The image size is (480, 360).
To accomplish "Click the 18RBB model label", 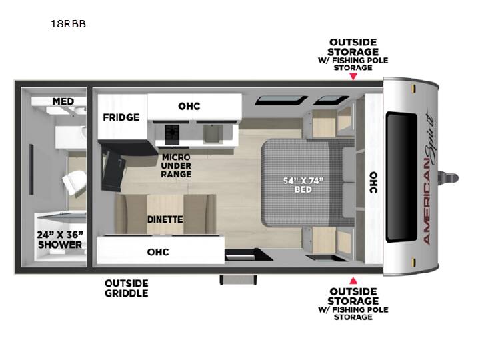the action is point(68,24).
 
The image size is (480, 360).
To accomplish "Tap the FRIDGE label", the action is point(121,117).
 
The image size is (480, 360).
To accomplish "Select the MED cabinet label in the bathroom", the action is point(63,101).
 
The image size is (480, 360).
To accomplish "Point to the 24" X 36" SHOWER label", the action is point(60,240).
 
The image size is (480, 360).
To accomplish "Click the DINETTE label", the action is point(165,219).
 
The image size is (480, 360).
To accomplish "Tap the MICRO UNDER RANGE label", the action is point(176,165).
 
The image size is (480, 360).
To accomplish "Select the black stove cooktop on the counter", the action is point(172,134).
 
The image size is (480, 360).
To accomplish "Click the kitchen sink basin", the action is point(213,133).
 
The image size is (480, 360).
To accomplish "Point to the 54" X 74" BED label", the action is point(303,185).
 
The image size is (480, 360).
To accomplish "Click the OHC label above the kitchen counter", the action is point(189,106).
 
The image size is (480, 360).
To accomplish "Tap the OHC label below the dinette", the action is point(158,252).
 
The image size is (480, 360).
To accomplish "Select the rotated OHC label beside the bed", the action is point(373,183).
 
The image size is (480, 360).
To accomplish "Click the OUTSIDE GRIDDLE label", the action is point(127,288).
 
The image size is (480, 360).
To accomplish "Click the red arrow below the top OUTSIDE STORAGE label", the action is point(353,77).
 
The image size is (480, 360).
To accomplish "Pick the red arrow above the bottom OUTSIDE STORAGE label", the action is point(353,281).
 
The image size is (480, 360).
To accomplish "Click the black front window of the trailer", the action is point(401,177).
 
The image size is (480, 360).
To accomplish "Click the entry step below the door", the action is point(238,279).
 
